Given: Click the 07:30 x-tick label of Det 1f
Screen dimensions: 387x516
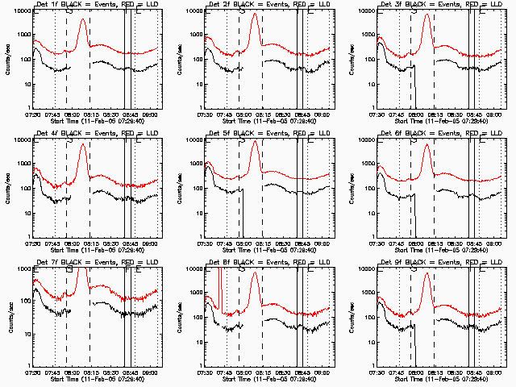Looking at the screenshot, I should pos(33,114).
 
